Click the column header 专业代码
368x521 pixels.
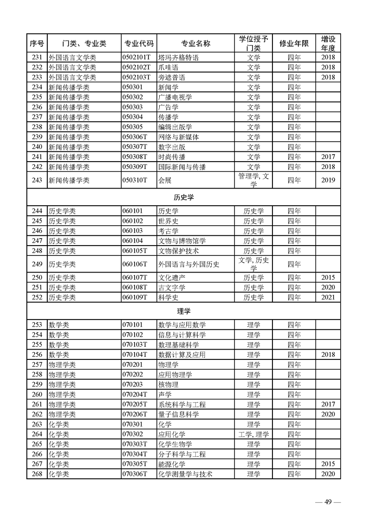click(x=138, y=43)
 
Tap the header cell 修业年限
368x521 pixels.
click(x=294, y=43)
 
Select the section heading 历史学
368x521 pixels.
click(x=183, y=197)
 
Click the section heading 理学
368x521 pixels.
click(x=183, y=311)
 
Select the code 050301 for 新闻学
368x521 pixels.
click(x=132, y=87)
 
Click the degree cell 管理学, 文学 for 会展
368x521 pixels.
click(x=253, y=180)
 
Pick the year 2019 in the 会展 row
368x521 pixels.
click(x=328, y=180)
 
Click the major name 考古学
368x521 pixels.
click(x=168, y=231)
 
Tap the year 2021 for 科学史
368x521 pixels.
click(x=328, y=297)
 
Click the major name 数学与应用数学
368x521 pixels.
click(x=182, y=325)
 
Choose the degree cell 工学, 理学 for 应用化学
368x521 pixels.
click(x=253, y=434)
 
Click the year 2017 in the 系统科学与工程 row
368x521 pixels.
click(x=328, y=404)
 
